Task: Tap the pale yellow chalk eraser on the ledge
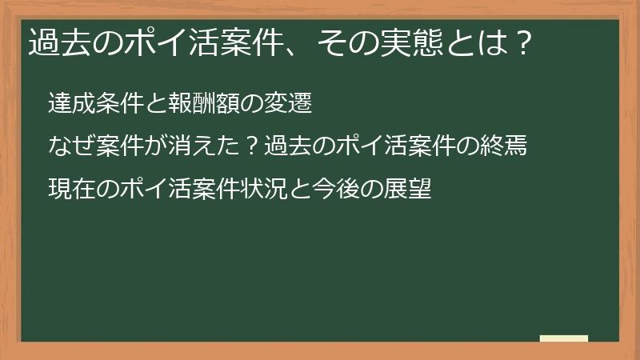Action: coord(564,338)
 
